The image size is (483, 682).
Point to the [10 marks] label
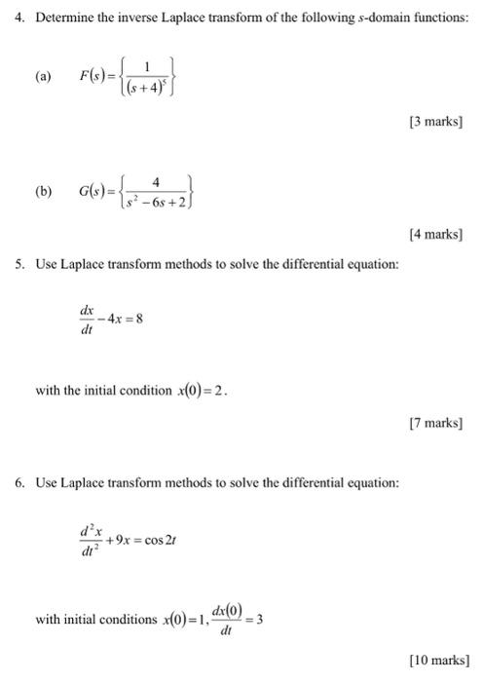(439, 660)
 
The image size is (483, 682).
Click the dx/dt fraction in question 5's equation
(87, 320)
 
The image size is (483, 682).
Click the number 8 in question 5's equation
(140, 319)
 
